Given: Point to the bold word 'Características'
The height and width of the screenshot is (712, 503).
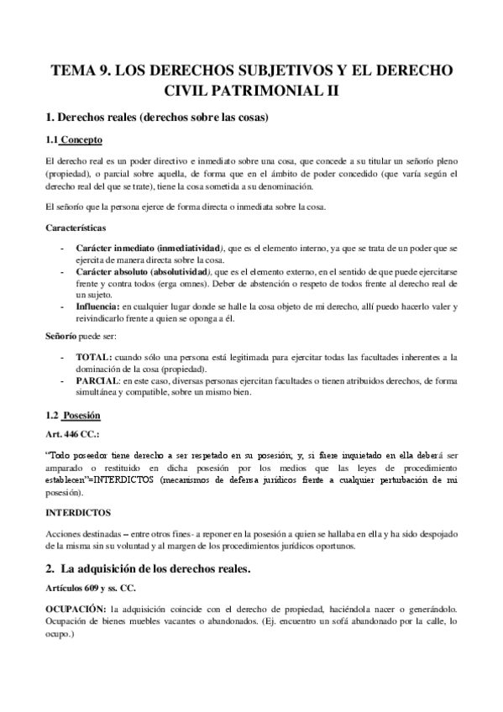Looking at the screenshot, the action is pos(75,227).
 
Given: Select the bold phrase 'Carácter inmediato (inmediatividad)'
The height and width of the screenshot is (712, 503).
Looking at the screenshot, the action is pos(149,249).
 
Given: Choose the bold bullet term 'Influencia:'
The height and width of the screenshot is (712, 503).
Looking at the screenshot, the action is pos(97,307).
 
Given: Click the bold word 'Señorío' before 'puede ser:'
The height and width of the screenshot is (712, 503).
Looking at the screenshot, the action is pos(60,336).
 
